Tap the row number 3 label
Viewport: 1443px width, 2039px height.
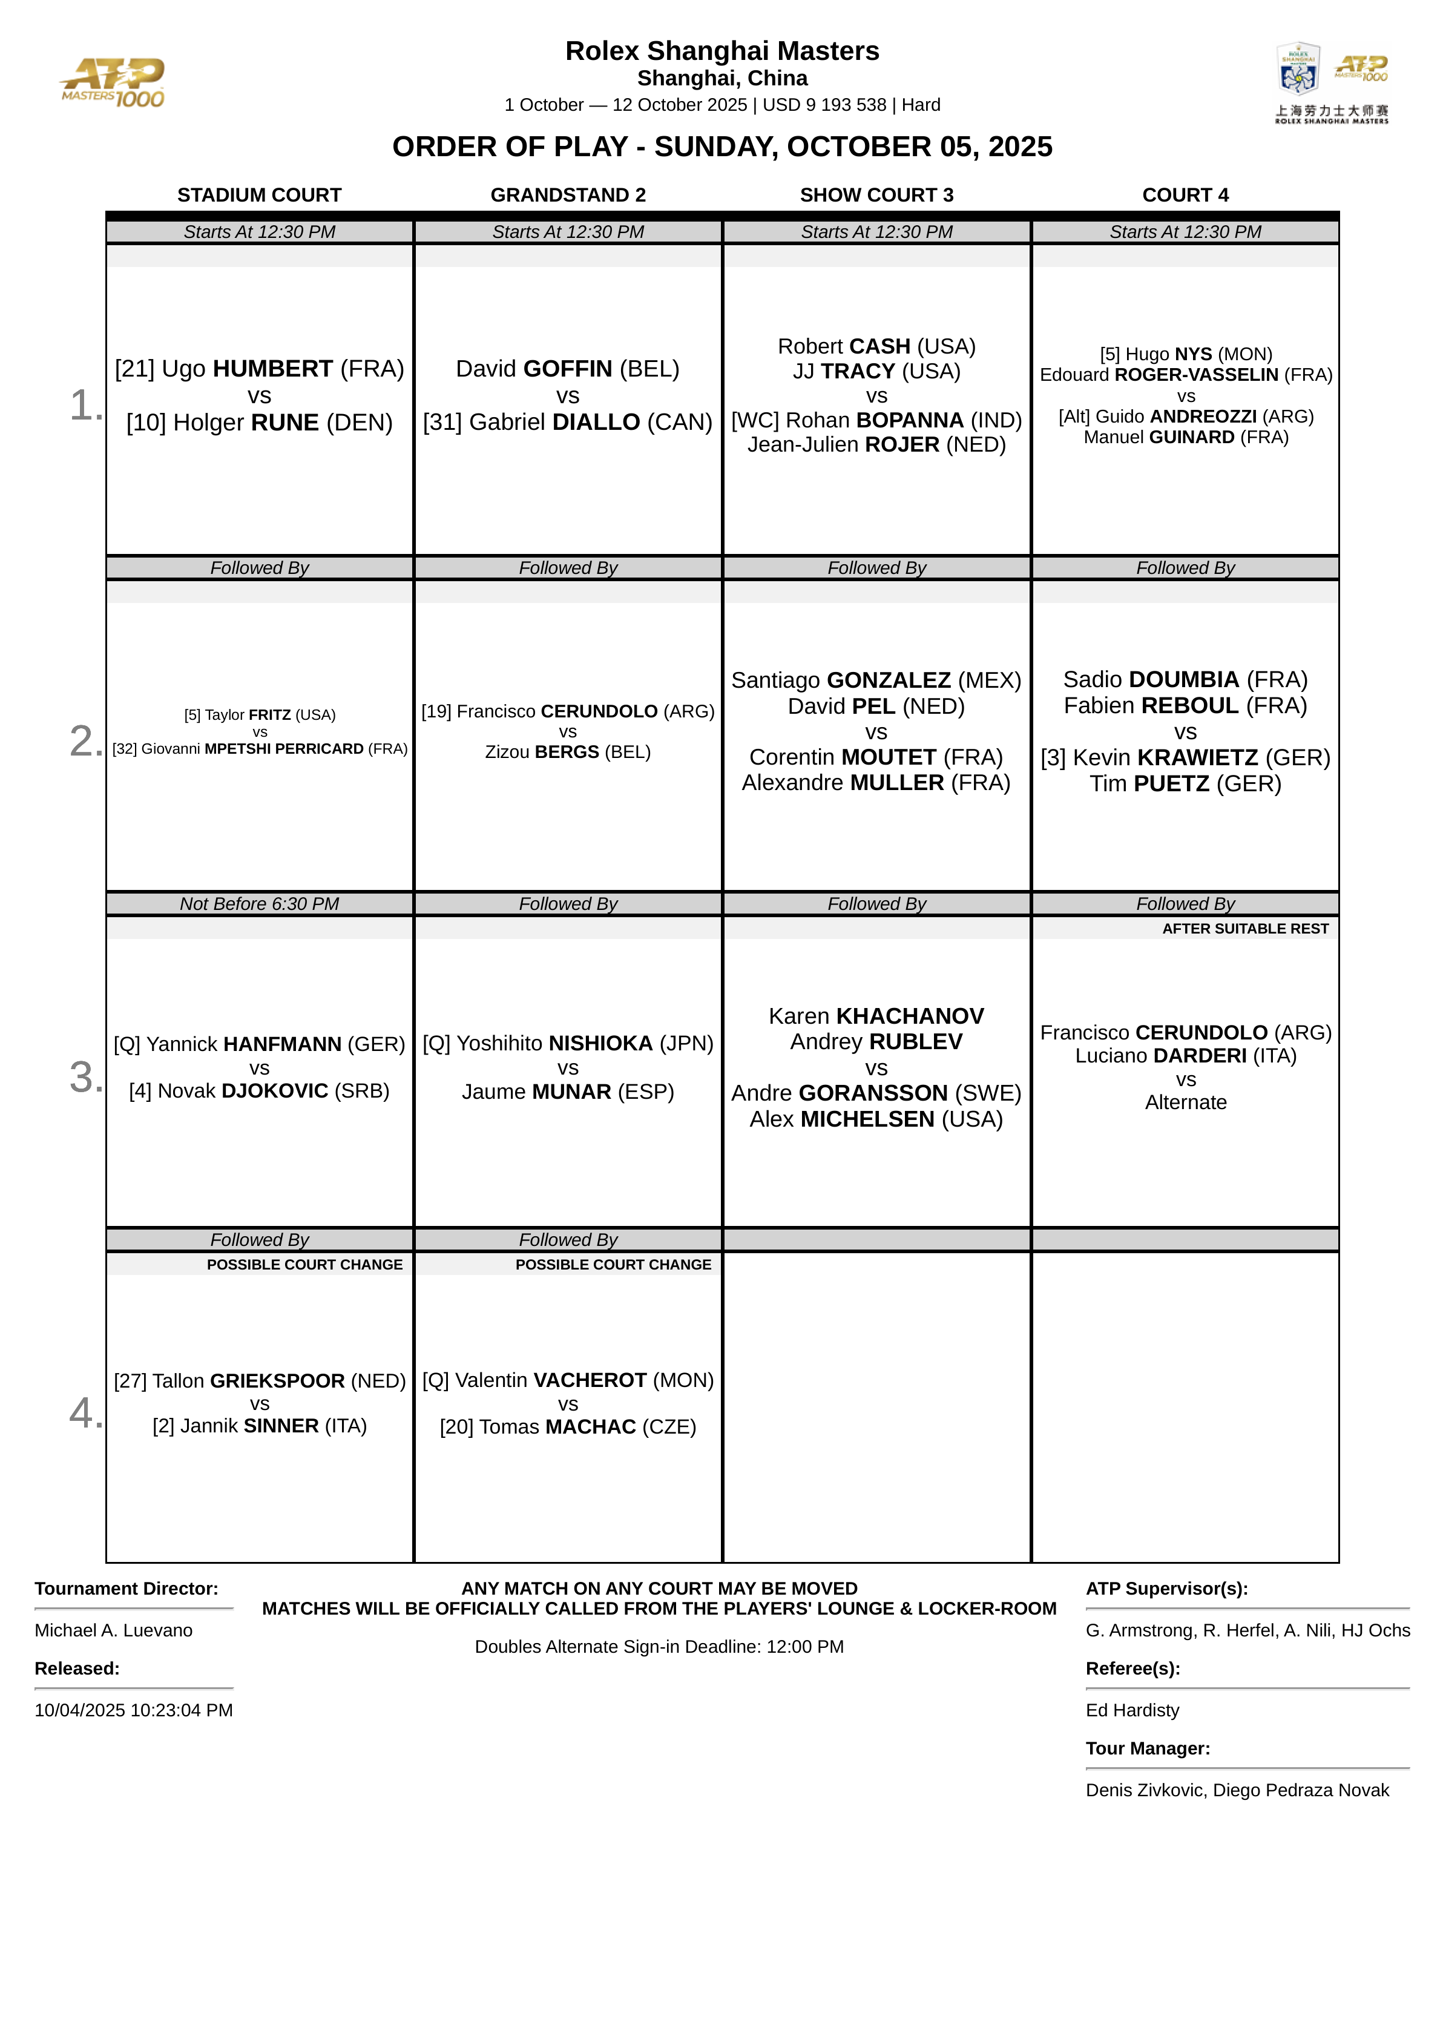(85, 1077)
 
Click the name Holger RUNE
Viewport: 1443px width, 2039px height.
(260, 423)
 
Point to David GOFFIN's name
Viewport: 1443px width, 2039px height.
(567, 369)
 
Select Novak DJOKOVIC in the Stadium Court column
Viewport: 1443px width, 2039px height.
(260, 1091)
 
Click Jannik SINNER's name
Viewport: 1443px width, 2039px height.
(260, 1426)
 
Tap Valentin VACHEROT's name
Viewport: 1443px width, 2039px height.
(568, 1381)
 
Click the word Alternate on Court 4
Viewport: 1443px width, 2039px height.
(1185, 1102)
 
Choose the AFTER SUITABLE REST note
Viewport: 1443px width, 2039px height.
(1245, 929)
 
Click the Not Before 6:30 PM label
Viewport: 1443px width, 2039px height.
(260, 903)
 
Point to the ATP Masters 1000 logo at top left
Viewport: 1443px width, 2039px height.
(113, 82)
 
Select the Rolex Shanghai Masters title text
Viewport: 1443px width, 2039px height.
(721, 51)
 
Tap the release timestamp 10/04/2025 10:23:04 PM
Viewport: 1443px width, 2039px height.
(133, 1710)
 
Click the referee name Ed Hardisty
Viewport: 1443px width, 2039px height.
(1132, 1710)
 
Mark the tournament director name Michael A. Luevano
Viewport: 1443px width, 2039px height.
(114, 1630)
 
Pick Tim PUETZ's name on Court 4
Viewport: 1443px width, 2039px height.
(1185, 783)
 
